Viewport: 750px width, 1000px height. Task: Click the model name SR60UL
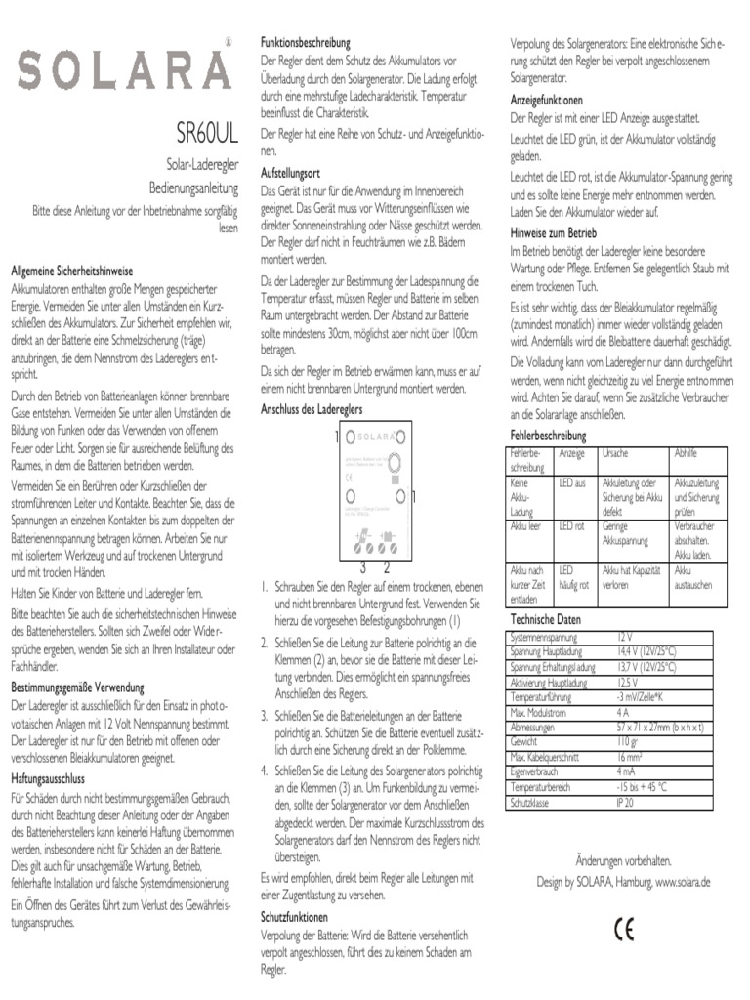point(205,131)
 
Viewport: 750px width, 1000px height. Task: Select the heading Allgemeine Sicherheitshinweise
point(72,270)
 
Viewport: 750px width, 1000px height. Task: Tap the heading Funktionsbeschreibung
point(305,44)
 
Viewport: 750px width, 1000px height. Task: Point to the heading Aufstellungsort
point(290,172)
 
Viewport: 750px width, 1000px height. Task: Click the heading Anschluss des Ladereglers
point(312,409)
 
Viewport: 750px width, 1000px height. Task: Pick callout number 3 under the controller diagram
point(362,567)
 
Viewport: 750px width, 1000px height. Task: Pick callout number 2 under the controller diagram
point(387,567)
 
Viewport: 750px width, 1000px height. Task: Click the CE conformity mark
point(623,929)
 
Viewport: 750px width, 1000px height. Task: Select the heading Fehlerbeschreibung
point(548,434)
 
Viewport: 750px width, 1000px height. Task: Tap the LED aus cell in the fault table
point(572,483)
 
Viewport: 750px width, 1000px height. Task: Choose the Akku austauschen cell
point(693,577)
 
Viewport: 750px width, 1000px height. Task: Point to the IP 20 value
point(625,802)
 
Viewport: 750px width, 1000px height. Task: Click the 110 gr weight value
point(628,742)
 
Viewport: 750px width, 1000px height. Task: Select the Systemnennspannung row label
point(544,637)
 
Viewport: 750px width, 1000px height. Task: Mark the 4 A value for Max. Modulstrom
point(623,713)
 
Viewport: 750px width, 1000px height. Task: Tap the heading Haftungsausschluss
point(48,779)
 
